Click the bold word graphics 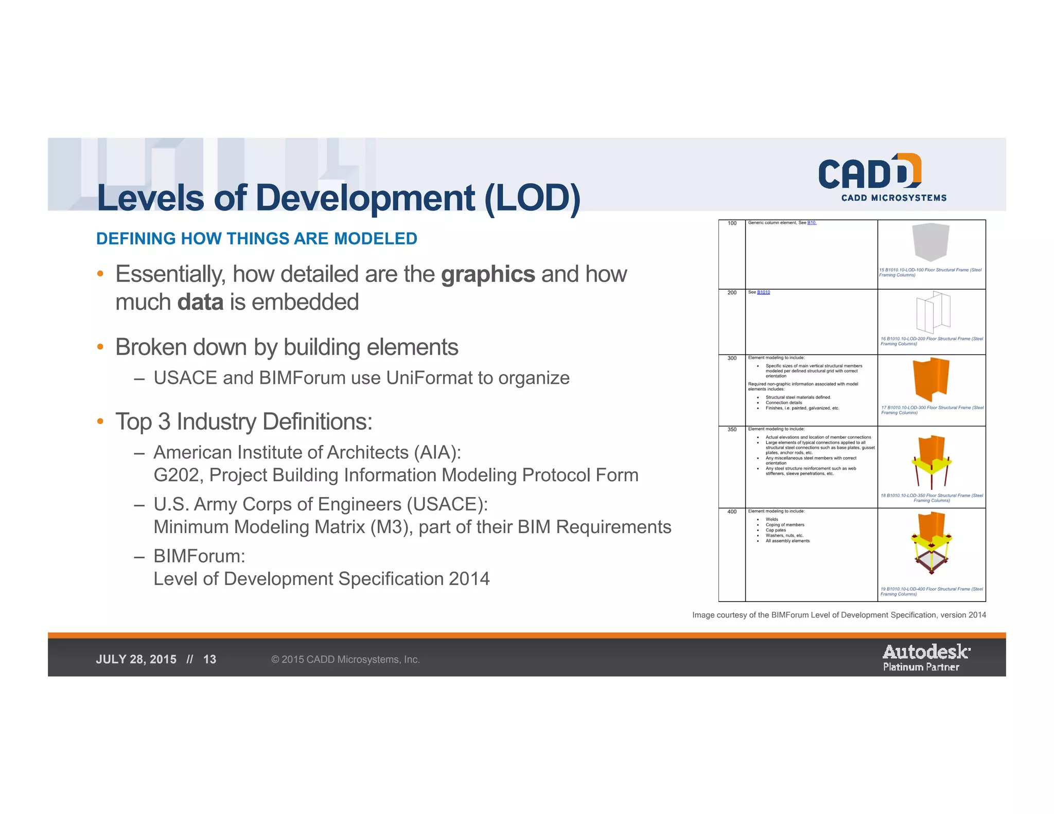point(488,274)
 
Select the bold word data point(200,302)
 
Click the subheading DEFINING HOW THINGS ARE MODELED point(256,239)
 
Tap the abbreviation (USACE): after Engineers point(447,504)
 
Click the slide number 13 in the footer point(209,660)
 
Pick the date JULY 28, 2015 point(136,660)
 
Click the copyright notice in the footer point(345,660)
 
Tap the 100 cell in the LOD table point(732,223)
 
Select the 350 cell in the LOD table point(732,429)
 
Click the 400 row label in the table point(732,511)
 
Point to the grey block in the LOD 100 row point(930,242)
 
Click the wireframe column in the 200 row point(933,312)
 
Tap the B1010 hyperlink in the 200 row point(763,292)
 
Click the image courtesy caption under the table point(839,615)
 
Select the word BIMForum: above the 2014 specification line point(199,556)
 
